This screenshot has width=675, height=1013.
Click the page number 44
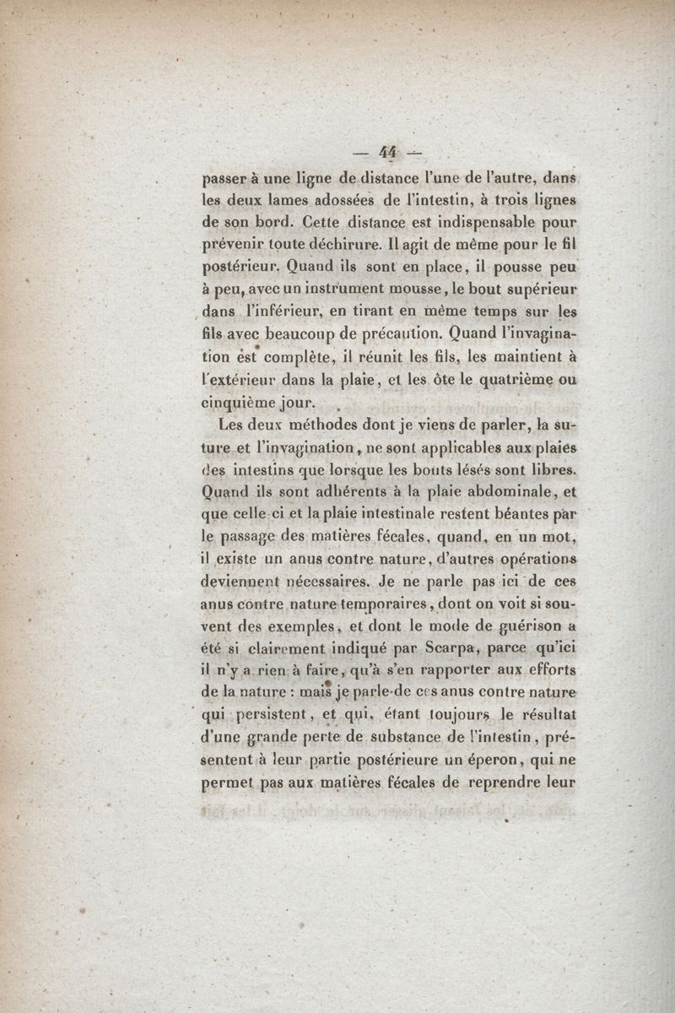click(388, 152)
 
